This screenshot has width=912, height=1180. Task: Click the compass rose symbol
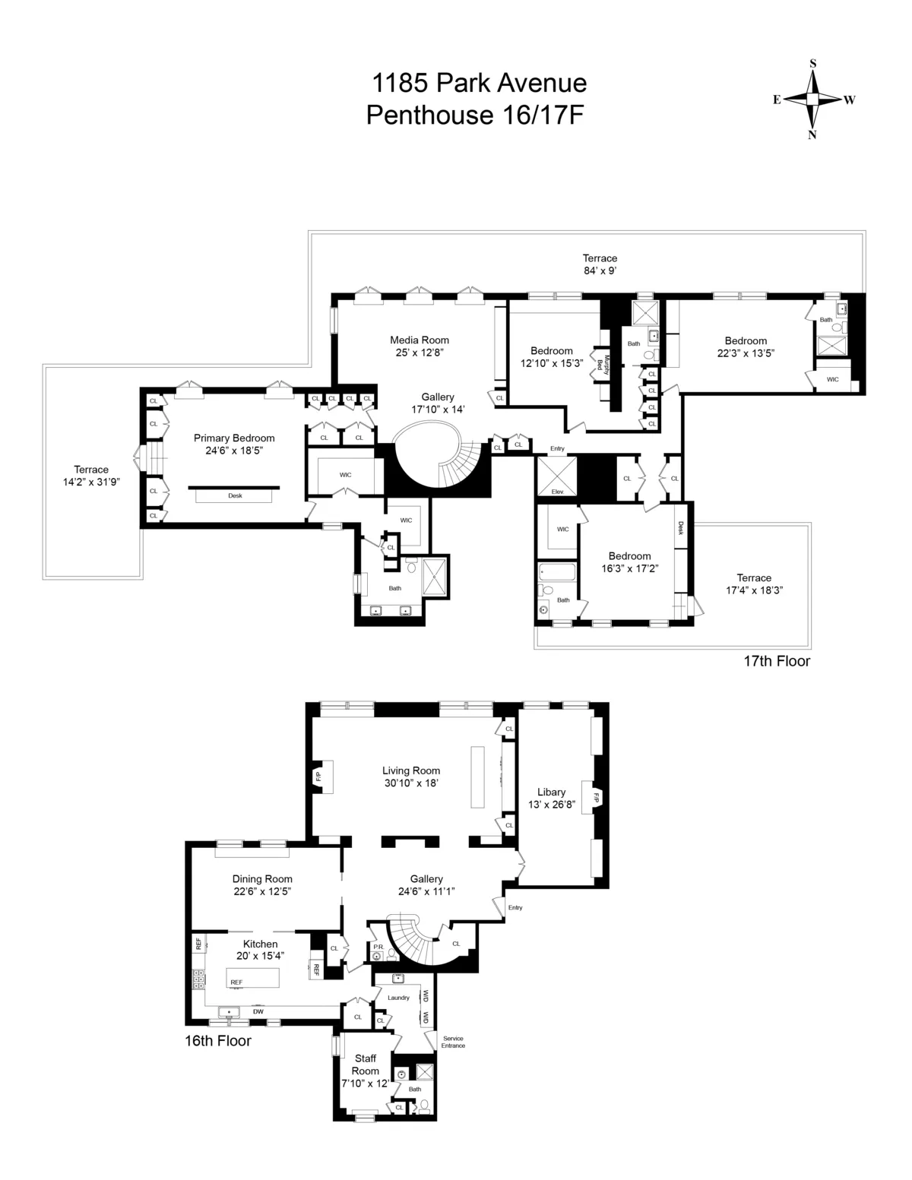click(812, 100)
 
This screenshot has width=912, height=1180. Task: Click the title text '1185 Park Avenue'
click(478, 82)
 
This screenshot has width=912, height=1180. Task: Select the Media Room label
click(420, 340)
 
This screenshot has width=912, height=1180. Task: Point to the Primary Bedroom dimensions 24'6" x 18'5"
click(234, 450)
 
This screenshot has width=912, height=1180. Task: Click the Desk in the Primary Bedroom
click(235, 495)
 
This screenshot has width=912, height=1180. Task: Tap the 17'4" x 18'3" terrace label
click(753, 589)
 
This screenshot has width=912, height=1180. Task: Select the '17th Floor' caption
click(776, 661)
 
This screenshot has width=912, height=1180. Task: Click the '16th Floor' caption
click(217, 1041)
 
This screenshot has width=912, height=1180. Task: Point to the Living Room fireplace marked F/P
click(319, 776)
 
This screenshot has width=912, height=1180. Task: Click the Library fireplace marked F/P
click(596, 798)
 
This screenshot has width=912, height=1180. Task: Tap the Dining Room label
click(262, 879)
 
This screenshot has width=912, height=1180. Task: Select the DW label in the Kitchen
click(258, 1011)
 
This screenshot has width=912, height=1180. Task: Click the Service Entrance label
click(453, 1042)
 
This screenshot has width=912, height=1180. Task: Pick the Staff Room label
click(365, 1065)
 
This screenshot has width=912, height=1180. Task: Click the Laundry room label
click(398, 998)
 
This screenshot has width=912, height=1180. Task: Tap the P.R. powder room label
click(378, 947)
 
